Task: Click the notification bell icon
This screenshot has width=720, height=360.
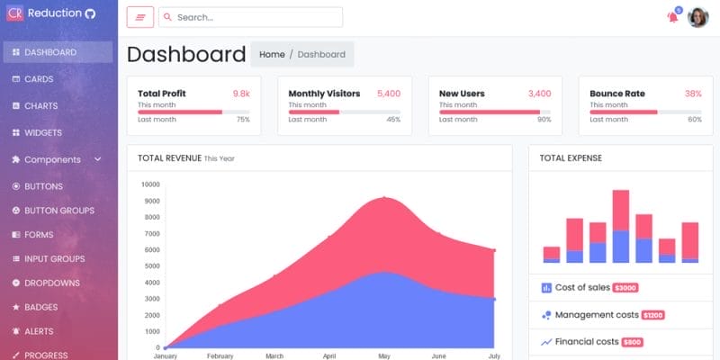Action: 672,17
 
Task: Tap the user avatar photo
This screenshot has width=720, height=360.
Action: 698,17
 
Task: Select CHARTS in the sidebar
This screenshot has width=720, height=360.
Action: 40,106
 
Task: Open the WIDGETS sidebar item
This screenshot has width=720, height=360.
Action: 42,133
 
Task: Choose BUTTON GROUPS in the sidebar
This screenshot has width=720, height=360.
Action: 58,211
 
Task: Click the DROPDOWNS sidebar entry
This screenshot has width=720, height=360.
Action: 51,283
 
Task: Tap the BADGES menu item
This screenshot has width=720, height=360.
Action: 41,307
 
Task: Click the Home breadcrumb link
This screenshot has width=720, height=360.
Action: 272,55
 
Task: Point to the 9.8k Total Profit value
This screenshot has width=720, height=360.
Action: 241,94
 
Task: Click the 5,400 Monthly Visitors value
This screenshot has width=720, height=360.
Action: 389,94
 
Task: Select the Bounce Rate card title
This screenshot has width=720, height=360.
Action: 617,94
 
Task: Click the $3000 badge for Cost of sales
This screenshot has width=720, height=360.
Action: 625,288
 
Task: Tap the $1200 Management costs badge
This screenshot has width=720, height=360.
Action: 653,315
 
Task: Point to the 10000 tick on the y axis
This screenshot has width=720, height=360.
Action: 149,184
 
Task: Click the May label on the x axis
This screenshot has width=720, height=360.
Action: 384,356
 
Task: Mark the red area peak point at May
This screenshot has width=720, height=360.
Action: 384,197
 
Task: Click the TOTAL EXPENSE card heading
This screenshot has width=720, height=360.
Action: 571,158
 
